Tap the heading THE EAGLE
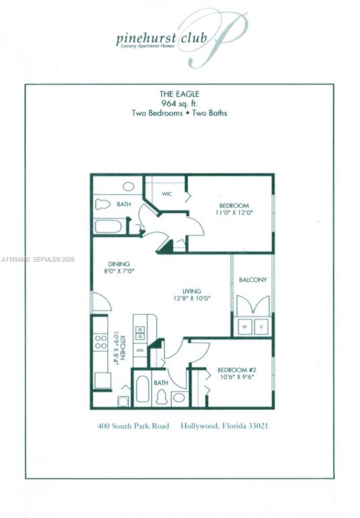click(179, 94)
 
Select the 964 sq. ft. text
click(179, 103)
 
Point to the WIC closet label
click(167, 194)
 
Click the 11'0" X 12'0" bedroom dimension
click(234, 213)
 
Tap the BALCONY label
click(252, 280)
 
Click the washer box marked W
click(245, 327)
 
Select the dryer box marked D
click(261, 327)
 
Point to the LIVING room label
click(192, 291)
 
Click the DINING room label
click(119, 264)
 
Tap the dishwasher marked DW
click(139, 350)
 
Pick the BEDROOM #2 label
click(236, 370)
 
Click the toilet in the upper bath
click(103, 204)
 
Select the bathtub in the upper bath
click(108, 226)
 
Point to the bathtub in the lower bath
click(142, 388)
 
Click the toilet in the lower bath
click(161, 397)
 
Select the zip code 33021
click(258, 425)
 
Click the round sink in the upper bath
click(128, 186)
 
